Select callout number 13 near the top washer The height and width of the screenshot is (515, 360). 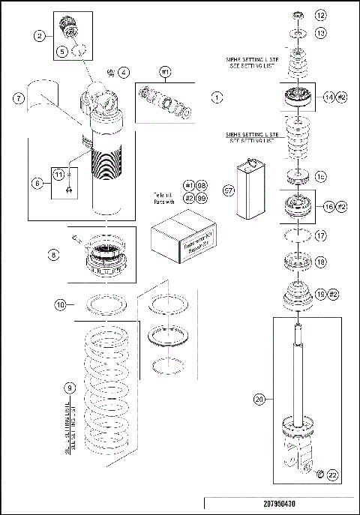[x=320, y=33]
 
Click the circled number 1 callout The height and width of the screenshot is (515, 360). [x=216, y=97]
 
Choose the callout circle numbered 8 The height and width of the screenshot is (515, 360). [x=53, y=255]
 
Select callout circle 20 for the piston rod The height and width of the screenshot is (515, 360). [x=259, y=400]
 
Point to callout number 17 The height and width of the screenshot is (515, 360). [x=320, y=235]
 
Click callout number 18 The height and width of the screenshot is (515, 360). [x=320, y=262]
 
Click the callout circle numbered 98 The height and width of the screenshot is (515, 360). [x=202, y=185]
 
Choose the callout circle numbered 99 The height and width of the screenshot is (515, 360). [x=202, y=197]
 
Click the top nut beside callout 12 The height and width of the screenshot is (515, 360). [x=298, y=15]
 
